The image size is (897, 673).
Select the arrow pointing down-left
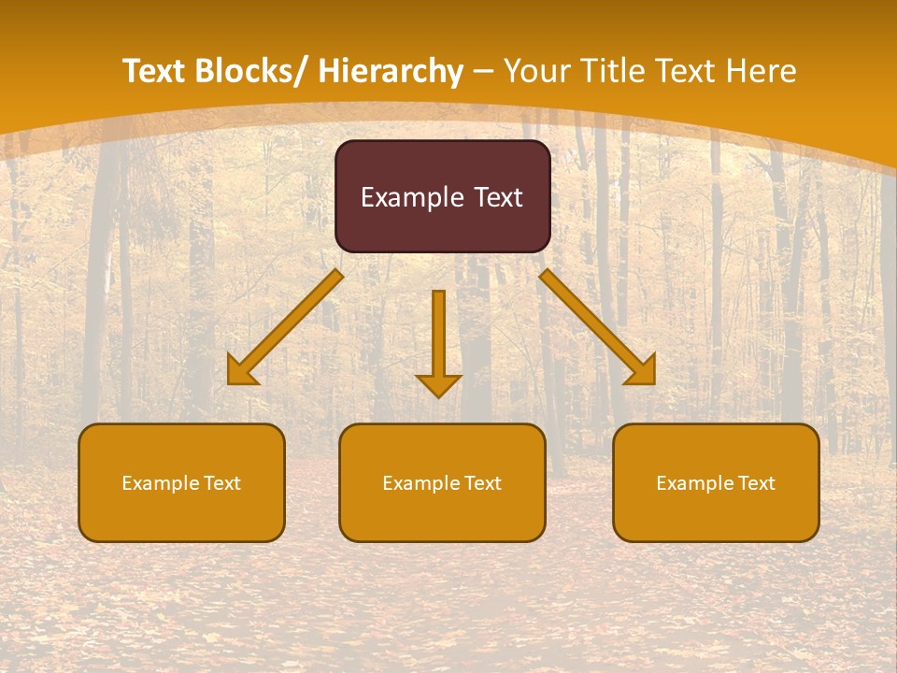click(285, 327)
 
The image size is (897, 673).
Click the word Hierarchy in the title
click(391, 71)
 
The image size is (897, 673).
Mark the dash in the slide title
click(483, 72)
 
